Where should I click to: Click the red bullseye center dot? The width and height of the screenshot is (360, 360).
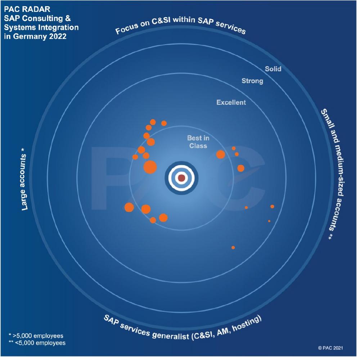coord(181,178)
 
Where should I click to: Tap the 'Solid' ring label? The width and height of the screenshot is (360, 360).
coord(273,68)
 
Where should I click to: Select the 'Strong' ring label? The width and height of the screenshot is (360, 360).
coord(252,81)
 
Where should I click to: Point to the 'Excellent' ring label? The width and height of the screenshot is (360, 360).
coord(231,103)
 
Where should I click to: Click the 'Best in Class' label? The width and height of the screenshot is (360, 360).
coord(198,142)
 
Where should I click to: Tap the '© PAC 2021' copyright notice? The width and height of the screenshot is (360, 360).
coord(330,348)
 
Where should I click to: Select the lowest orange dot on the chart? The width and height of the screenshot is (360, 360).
coord(233,248)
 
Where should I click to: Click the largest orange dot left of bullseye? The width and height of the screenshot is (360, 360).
coord(150,167)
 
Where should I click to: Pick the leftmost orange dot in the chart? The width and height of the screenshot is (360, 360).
coord(129,207)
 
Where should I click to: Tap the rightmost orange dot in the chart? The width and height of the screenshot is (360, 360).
coord(272,206)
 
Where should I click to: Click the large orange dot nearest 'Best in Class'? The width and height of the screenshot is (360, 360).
coord(220,154)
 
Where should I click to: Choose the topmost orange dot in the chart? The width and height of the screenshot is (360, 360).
coord(153,122)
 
